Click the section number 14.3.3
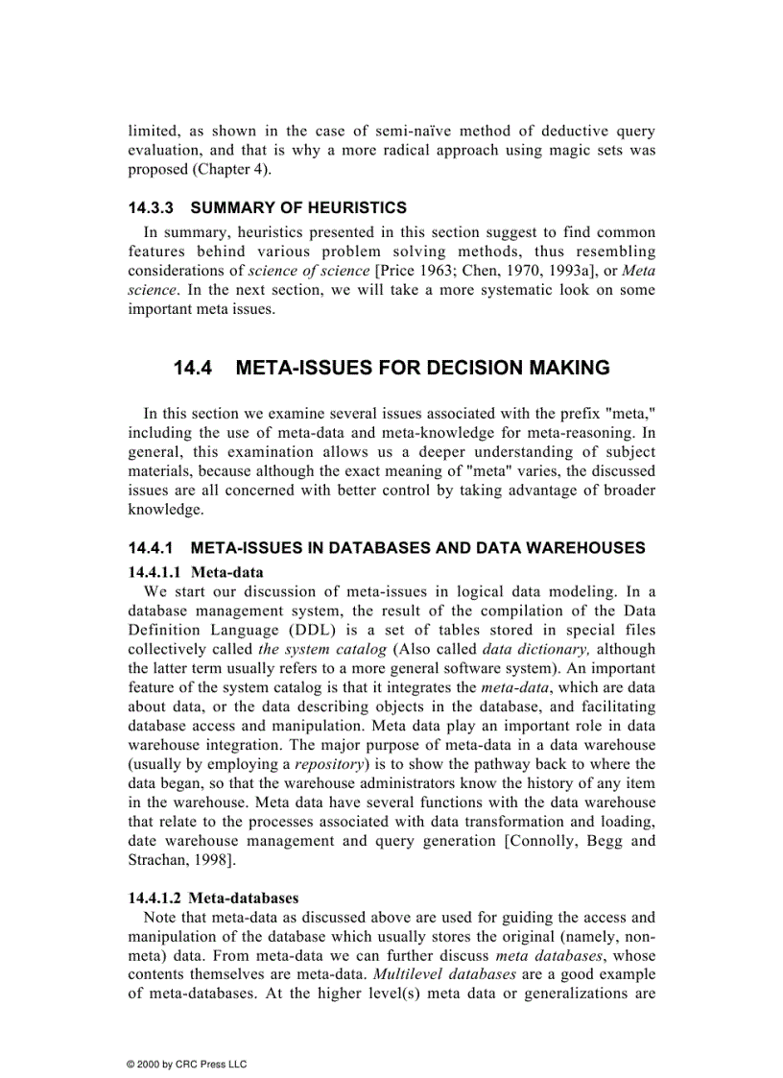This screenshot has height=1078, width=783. [152, 207]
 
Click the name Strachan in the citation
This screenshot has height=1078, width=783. [159, 860]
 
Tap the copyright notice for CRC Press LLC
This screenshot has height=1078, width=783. [179, 1065]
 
